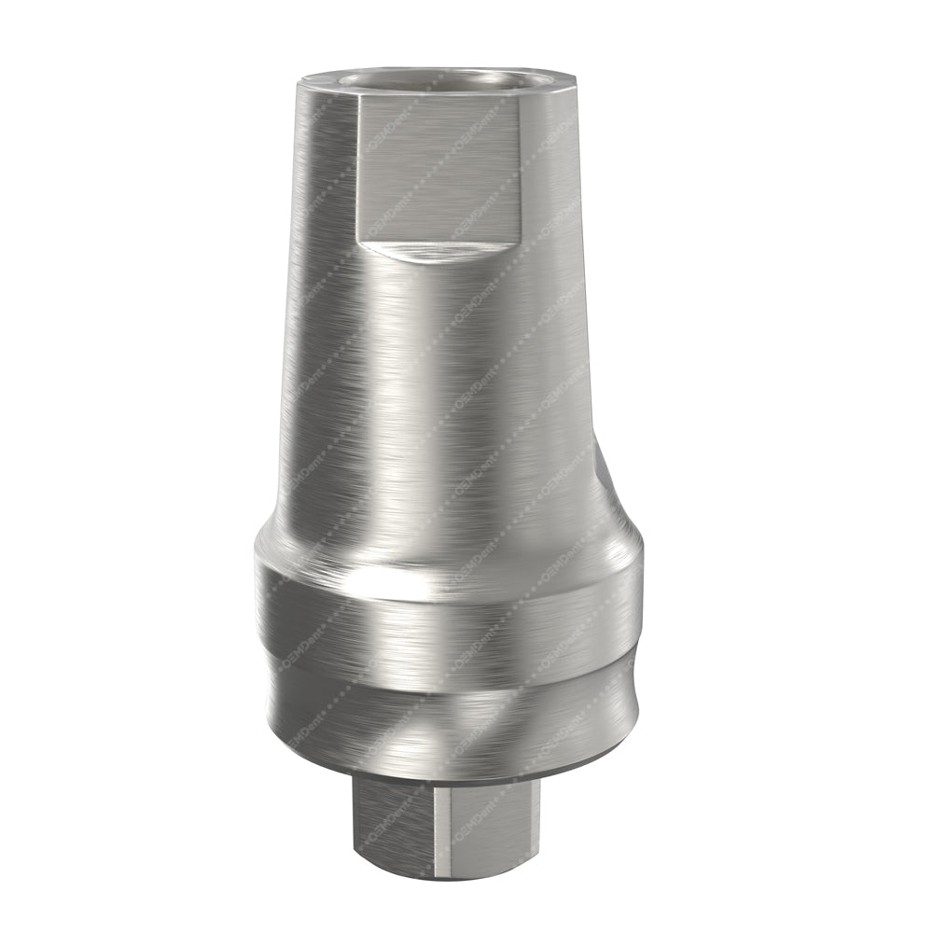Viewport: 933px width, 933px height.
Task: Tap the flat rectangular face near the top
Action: pos(439,168)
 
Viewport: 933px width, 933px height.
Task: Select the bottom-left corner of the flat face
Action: pos(360,239)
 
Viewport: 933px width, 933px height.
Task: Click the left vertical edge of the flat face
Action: pos(359,168)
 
